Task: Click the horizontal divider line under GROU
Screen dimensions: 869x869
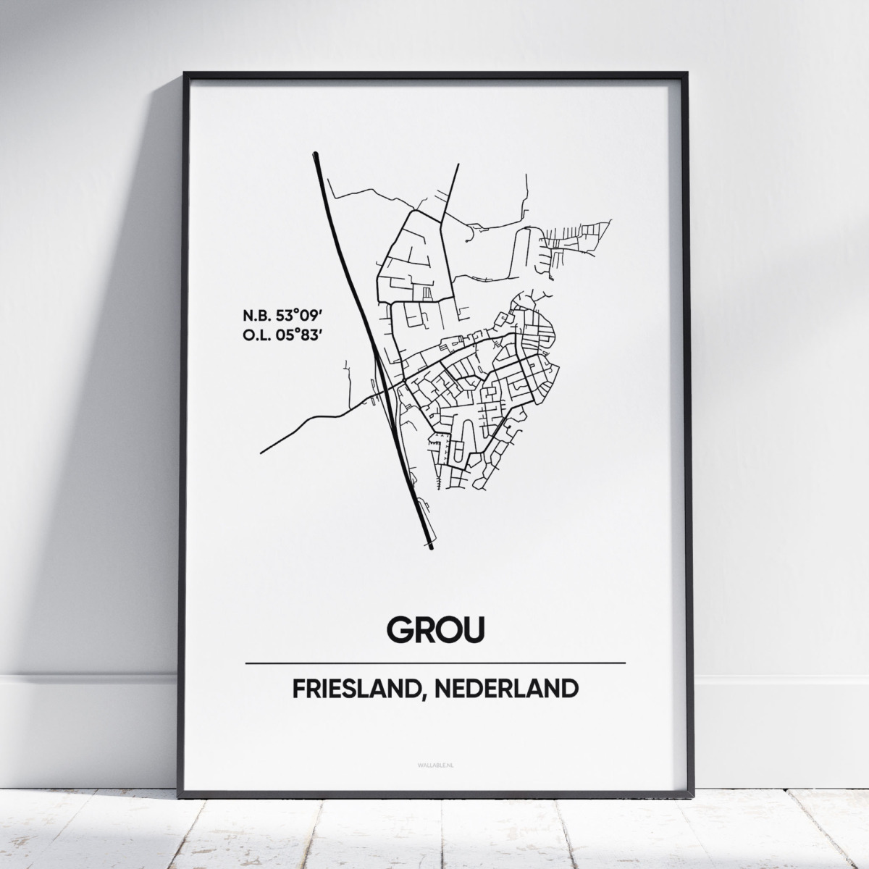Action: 435,663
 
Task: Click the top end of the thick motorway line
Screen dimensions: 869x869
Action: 316,154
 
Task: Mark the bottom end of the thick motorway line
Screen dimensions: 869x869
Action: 431,547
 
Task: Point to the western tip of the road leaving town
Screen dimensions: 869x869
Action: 261,453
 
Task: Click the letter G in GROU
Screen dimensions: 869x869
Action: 401,629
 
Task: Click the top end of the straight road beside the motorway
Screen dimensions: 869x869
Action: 458,166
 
